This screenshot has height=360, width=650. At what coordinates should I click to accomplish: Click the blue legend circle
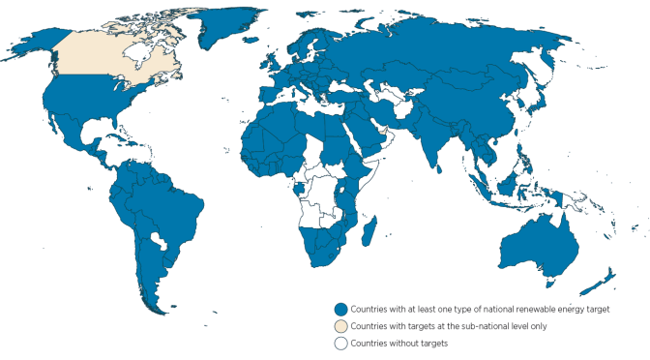(340, 309)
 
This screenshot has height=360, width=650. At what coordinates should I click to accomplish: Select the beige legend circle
(340, 325)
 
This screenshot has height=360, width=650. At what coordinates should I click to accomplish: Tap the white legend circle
(340, 342)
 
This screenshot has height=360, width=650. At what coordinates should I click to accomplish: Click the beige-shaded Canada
(106, 63)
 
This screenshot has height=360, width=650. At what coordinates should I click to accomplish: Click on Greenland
(208, 24)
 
